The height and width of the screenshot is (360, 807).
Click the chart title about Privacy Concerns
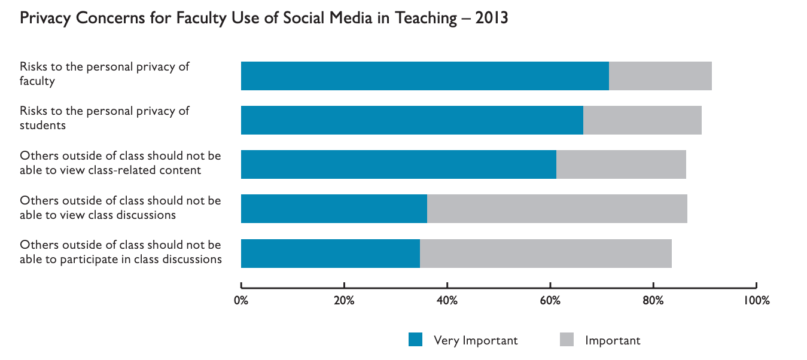[264, 19]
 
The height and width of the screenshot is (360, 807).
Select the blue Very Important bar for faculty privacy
[425, 76]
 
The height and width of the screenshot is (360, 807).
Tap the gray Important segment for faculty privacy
[660, 76]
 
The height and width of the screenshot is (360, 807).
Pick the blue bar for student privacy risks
[412, 120]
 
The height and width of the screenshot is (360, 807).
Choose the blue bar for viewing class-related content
[398, 164]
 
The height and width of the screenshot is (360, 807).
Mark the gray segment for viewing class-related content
[621, 164]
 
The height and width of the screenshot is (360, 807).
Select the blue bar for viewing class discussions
[334, 209]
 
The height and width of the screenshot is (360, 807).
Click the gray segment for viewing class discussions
[557, 209]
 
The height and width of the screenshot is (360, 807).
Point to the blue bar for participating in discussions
[330, 254]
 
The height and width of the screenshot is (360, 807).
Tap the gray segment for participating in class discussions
[546, 254]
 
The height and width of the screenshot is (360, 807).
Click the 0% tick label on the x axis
[241, 300]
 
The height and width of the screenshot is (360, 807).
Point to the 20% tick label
[344, 300]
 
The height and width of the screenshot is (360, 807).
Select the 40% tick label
[447, 300]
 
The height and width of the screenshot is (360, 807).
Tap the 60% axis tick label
[550, 300]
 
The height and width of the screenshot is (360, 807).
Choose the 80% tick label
[653, 300]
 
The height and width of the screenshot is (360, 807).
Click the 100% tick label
[756, 300]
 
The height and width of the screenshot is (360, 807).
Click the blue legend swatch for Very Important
[415, 340]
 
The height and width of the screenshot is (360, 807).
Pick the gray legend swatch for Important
[567, 340]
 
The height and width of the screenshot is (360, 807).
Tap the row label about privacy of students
[105, 118]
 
